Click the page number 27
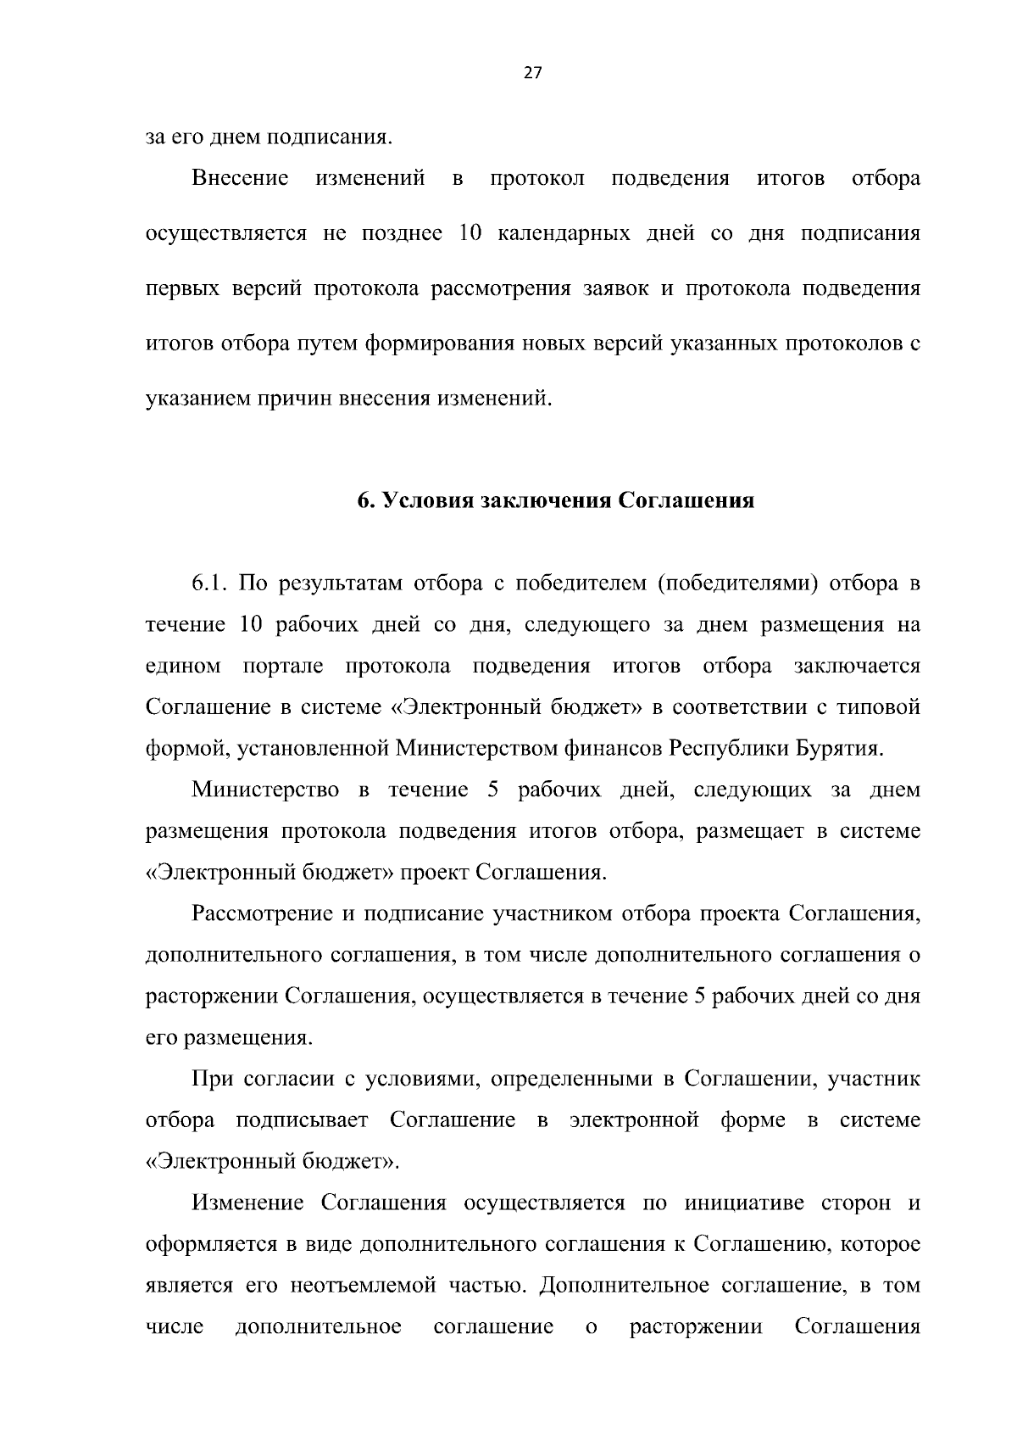coord(532,73)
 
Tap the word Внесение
coord(241,179)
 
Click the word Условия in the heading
coord(426,500)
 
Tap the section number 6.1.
coord(210,584)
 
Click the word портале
coord(283,666)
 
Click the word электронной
coord(634,1120)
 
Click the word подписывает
coord(302,1120)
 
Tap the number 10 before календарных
coord(470,233)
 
